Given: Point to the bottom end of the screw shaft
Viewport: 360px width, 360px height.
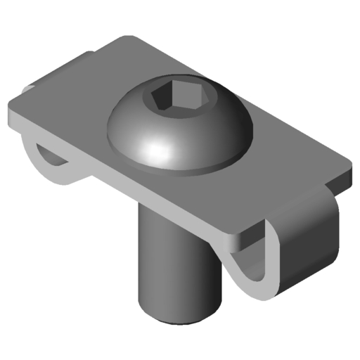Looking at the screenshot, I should pos(173,316).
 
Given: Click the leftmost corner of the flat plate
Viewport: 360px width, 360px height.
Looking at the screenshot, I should pos(10,116).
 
